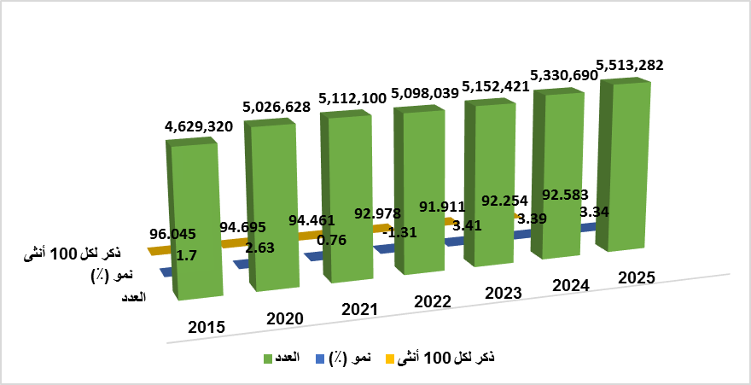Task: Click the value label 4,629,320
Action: [199, 126]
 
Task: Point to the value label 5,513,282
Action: [630, 65]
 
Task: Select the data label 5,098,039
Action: [424, 93]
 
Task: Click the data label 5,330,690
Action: [564, 75]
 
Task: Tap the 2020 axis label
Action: [284, 318]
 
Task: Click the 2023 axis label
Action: [504, 293]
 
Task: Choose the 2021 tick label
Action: [359, 309]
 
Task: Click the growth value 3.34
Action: [593, 212]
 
